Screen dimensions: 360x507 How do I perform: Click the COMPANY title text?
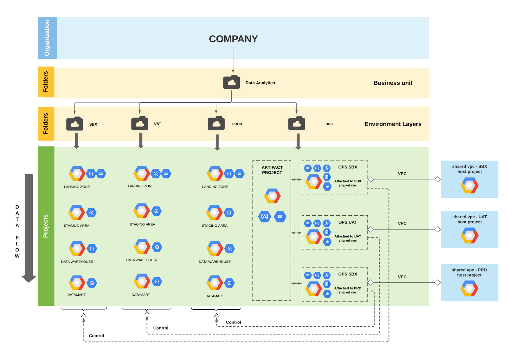233,39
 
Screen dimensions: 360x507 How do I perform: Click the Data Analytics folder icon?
231,82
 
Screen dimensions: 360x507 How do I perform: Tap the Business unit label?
393,83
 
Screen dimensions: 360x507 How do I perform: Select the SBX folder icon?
74,124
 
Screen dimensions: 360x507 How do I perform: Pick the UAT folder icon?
140,123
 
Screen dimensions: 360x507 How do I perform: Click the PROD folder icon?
216,123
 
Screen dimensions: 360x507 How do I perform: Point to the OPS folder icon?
296,123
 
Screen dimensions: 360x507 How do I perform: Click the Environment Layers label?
393,124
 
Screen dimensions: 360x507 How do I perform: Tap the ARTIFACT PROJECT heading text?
272,170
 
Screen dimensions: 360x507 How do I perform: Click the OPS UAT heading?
347,222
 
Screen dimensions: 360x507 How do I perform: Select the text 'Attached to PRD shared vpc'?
348,290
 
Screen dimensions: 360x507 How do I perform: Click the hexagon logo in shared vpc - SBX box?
469,185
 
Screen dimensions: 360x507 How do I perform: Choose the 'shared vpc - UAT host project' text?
469,219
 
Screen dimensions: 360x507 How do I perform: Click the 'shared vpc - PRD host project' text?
469,273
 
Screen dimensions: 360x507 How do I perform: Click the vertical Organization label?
47,38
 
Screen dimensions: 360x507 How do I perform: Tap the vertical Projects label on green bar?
46,226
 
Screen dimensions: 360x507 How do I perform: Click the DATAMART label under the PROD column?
215,296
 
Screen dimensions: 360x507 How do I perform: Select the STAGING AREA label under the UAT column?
142,224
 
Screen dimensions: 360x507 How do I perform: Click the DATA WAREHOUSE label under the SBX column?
77,262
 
